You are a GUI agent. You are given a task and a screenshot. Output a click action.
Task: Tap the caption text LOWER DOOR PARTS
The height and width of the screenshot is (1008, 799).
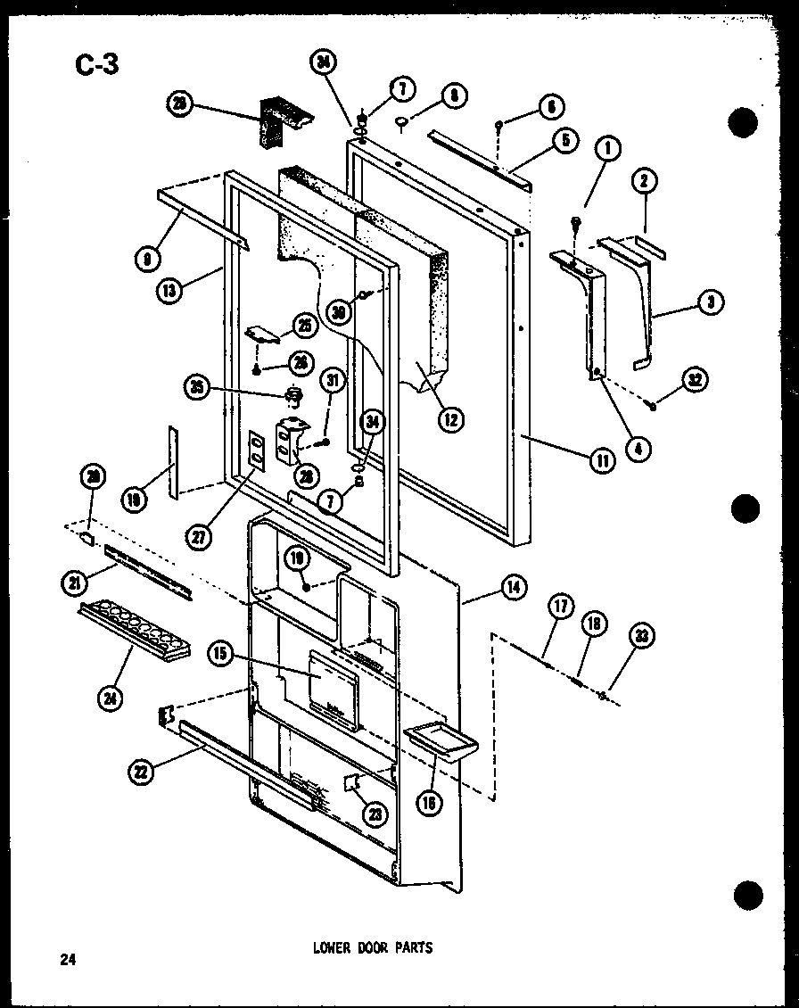372,947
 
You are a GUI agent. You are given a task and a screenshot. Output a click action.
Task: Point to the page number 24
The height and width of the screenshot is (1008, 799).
67,960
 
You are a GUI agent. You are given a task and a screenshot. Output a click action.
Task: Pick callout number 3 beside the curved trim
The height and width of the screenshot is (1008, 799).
710,302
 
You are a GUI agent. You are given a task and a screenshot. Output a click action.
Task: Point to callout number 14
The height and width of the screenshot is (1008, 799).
515,587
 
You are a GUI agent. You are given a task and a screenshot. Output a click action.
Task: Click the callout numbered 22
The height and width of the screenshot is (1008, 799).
140,773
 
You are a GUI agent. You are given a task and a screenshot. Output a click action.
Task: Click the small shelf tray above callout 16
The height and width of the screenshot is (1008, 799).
441,737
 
